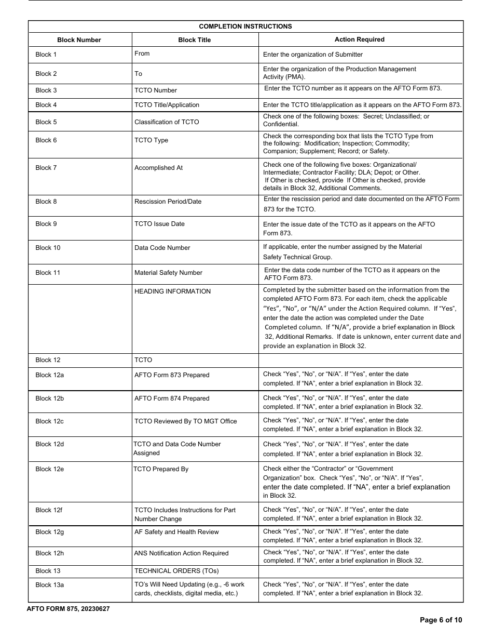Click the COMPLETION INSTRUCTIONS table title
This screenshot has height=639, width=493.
tap(245, 26)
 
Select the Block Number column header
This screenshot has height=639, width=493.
tap(79, 40)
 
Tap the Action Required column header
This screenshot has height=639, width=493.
tap(359, 39)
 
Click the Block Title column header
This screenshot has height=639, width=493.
tap(194, 40)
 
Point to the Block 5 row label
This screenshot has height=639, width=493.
tap(46, 122)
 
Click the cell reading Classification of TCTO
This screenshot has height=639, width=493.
tap(167, 122)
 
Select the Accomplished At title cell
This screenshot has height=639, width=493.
tap(158, 168)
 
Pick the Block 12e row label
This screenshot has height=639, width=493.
tap(50, 469)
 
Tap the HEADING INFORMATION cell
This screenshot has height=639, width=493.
tap(172, 291)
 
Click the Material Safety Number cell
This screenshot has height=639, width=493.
tap(168, 273)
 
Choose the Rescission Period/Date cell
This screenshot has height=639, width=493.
tap(168, 202)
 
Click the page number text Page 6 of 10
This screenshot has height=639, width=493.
tap(441, 620)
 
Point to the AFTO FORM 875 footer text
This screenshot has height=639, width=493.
tap(68, 609)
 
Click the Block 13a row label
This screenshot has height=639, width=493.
tap(50, 584)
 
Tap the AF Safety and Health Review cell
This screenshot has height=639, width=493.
tap(176, 532)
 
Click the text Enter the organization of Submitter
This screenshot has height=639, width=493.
tap(312, 55)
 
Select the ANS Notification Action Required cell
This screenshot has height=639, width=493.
tap(181, 553)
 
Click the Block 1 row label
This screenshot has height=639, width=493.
tap(46, 55)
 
